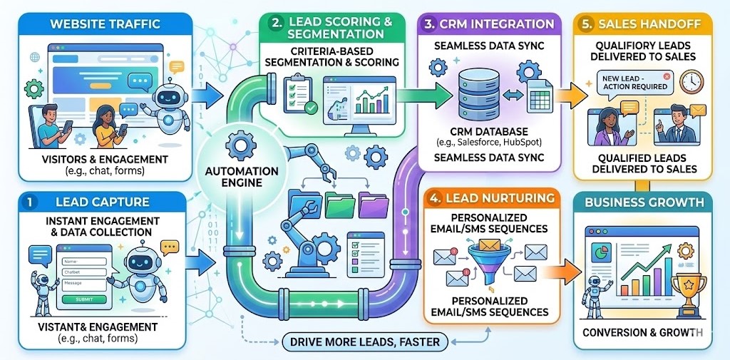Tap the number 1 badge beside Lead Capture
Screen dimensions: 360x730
pyautogui.click(x=30, y=202)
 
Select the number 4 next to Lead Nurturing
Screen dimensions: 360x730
pyautogui.click(x=436, y=197)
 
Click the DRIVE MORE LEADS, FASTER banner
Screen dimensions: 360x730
pyautogui.click(x=364, y=342)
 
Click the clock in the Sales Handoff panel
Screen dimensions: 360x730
pyautogui.click(x=691, y=83)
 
